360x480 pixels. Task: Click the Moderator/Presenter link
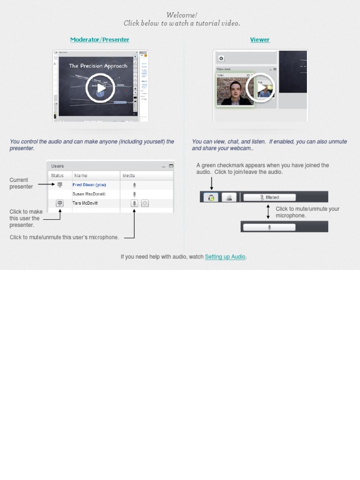coord(99,40)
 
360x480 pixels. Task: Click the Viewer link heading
coord(260,40)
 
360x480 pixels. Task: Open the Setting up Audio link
coord(225,257)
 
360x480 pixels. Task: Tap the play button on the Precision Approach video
coord(100,88)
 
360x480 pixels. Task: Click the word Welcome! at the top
coord(181,15)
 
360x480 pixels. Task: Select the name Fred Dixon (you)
coord(89,185)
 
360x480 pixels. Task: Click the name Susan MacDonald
coord(89,194)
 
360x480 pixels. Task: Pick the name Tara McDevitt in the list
coord(85,203)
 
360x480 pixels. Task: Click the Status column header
coord(57,175)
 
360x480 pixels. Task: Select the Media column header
coord(128,175)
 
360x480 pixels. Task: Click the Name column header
coord(81,175)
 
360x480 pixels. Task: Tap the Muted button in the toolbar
coord(270,197)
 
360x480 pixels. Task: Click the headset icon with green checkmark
coord(211,197)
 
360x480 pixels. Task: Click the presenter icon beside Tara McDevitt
coord(60,203)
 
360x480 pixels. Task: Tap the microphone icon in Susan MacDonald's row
coord(135,194)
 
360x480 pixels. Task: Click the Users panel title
coord(58,166)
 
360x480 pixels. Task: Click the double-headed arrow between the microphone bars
coord(268,212)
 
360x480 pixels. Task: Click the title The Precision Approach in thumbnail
coord(98,66)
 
